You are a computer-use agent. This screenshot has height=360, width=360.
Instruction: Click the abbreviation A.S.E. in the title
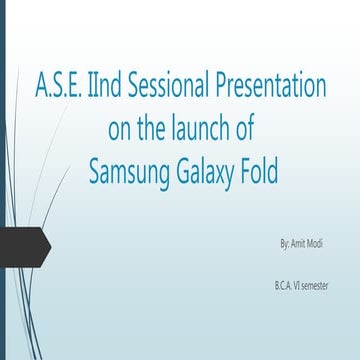[58, 87]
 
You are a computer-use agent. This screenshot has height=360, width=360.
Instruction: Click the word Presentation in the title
[272, 87]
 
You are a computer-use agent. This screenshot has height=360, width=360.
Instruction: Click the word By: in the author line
[286, 243]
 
